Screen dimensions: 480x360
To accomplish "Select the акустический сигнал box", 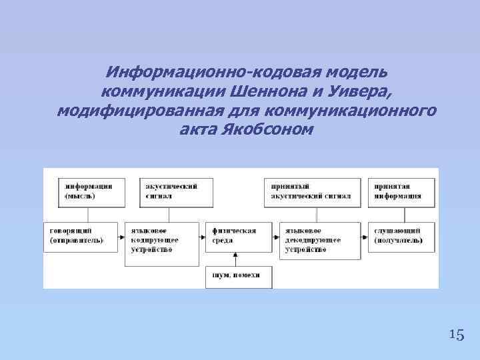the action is click(169, 191).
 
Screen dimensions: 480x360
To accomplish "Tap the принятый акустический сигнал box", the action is click(312, 191).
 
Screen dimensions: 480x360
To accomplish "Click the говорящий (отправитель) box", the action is click(81, 235).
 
